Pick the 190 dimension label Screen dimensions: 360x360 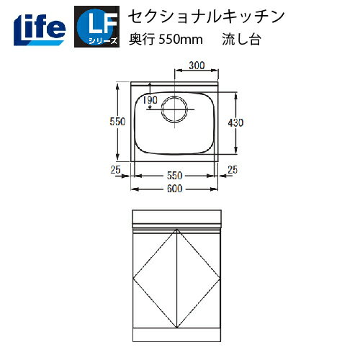point(150,99)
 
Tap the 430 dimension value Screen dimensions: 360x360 point(235,123)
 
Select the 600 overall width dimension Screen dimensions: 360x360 point(174,189)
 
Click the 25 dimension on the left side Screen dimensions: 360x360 point(116,170)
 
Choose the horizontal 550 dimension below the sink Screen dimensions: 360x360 point(174,175)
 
